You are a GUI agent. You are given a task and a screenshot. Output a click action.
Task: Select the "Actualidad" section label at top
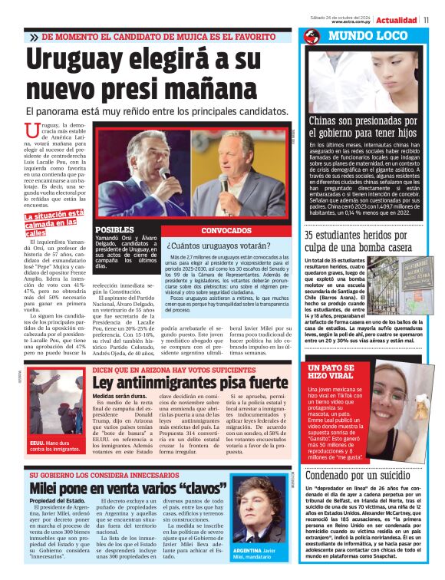tap(397, 20)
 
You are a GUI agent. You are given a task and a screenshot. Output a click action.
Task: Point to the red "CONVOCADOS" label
tap(227, 230)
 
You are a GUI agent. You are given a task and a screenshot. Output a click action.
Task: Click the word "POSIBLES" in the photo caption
tap(114, 230)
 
